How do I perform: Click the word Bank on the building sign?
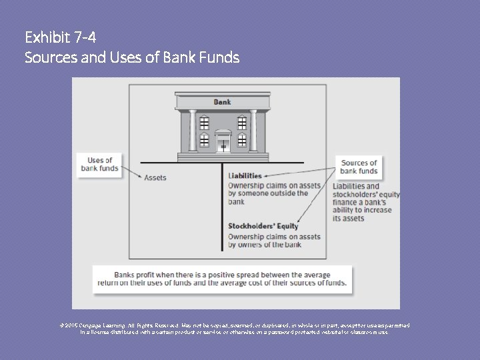pyautogui.click(x=222, y=102)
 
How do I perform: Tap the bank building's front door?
pyautogui.click(x=223, y=142)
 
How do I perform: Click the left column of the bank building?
pyautogui.click(x=193, y=131)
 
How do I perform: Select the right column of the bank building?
pyautogui.click(x=252, y=131)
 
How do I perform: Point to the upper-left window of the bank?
pyautogui.click(x=204, y=122)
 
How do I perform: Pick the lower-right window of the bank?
pyautogui.click(x=241, y=140)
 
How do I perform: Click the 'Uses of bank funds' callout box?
pyautogui.click(x=100, y=164)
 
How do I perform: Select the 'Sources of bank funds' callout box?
pyautogui.click(x=359, y=167)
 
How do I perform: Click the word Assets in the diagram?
pyautogui.click(x=155, y=178)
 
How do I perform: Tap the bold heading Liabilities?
pyautogui.click(x=245, y=176)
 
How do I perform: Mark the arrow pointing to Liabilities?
pyautogui.click(x=300, y=173)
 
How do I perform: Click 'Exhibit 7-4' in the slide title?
pyautogui.click(x=60, y=36)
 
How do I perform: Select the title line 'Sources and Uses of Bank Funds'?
pyautogui.click(x=131, y=57)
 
